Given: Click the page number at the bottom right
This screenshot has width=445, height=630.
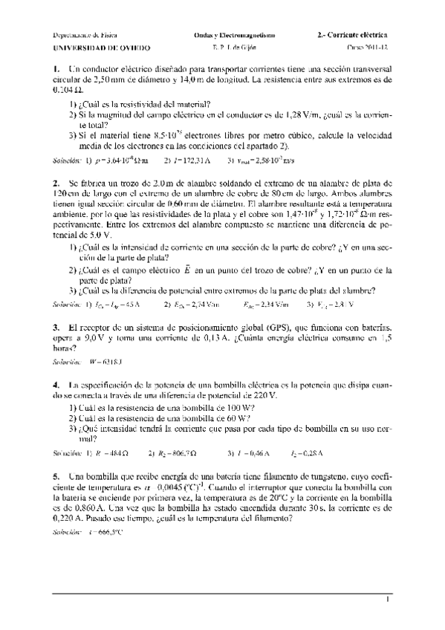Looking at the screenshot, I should (x=388, y=600).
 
